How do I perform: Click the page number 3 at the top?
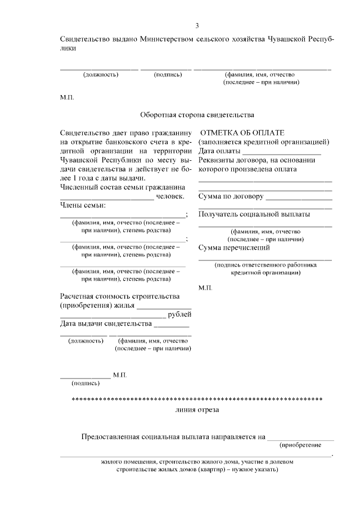click(x=196, y=25)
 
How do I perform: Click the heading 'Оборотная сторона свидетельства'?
click(x=197, y=115)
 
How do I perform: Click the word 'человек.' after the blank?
click(x=170, y=196)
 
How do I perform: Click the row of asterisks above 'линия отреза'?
click(x=196, y=399)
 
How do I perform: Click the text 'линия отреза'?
click(x=197, y=410)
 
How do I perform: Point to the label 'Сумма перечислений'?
click(x=234, y=247)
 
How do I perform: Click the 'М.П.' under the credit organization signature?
click(x=205, y=287)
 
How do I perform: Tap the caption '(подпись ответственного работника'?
click(x=265, y=264)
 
